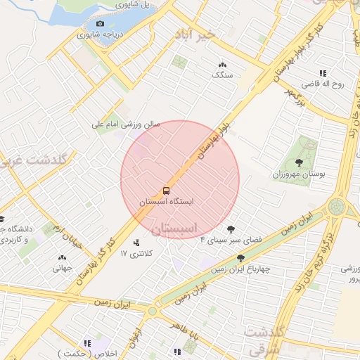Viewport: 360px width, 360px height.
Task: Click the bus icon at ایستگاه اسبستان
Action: pyautogui.click(x=167, y=191)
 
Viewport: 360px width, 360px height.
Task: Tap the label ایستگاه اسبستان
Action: pyautogui.click(x=166, y=201)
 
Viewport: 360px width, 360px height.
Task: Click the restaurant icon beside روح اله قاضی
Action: pyautogui.click(x=323, y=73)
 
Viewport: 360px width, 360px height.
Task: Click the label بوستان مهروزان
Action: pyautogui.click(x=300, y=174)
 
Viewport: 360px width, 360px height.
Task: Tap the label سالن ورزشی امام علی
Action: pyautogui.click(x=127, y=124)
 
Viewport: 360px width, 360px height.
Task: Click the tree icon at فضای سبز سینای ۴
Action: pyautogui.click(x=231, y=229)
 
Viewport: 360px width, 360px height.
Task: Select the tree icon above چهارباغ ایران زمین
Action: pyautogui.click(x=241, y=258)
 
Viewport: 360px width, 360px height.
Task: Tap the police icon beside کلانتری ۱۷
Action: pyautogui.click(x=136, y=243)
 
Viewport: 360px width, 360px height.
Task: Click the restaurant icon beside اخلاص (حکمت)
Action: pyautogui.click(x=88, y=343)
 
